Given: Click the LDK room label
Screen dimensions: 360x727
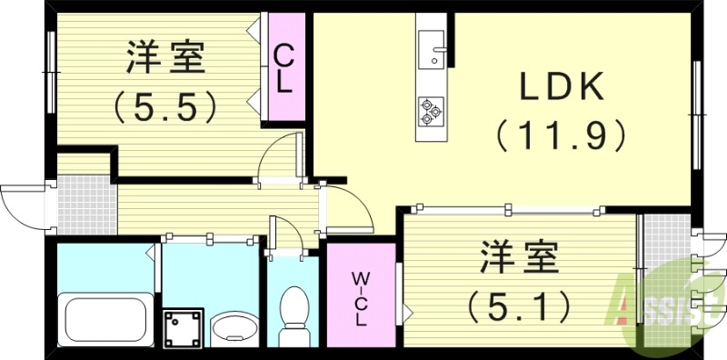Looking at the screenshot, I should tap(562, 87).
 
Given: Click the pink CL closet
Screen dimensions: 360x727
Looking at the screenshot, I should tap(284, 69).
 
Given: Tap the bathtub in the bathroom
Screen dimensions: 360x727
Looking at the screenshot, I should tap(102, 317).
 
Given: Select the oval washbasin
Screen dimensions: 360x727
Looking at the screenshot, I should tap(235, 326).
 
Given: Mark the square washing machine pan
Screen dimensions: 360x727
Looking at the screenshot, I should tap(184, 326).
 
